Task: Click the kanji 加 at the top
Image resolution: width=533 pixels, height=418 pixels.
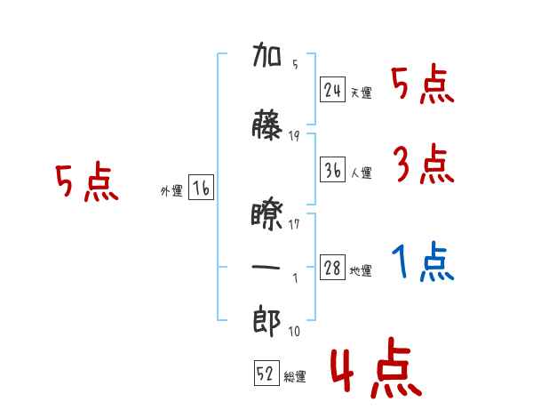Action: tap(266, 54)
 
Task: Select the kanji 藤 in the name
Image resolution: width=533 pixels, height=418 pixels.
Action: tap(266, 125)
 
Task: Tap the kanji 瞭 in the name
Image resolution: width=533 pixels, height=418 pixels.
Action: tap(266, 216)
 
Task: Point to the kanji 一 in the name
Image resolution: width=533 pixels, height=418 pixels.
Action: tap(266, 267)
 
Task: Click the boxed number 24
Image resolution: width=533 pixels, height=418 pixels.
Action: tap(332, 90)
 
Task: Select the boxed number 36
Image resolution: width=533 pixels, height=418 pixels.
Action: tap(332, 170)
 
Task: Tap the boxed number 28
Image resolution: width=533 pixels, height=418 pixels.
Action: tap(332, 267)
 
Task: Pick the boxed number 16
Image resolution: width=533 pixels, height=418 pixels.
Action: tap(201, 188)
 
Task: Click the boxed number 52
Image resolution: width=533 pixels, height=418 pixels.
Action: tap(266, 373)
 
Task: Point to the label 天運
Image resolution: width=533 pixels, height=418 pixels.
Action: tap(362, 92)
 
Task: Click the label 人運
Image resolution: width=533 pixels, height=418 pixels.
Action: tap(362, 173)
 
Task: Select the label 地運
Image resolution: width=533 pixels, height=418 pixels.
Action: tap(361, 271)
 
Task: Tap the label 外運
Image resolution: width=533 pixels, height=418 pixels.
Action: tap(171, 191)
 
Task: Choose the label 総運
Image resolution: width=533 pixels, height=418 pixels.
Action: tap(295, 376)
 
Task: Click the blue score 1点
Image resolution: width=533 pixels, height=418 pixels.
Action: tap(423, 261)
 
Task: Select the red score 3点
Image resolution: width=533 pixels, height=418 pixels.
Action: tap(424, 164)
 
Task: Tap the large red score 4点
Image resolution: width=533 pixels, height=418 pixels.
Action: tap(376, 367)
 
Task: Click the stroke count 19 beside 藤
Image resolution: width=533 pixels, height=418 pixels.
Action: tap(294, 136)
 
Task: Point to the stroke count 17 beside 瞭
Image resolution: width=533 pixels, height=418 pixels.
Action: tap(294, 224)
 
